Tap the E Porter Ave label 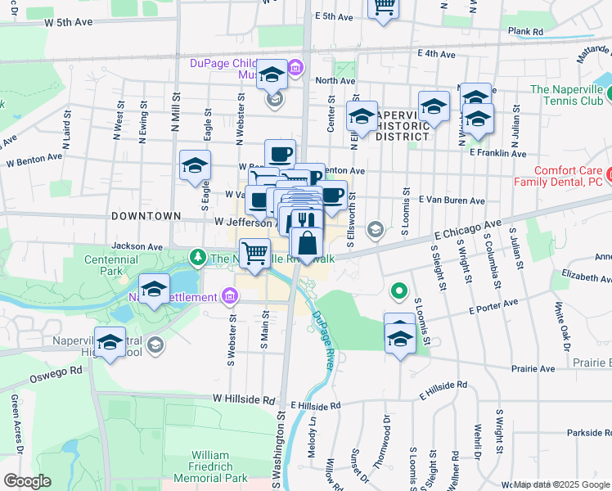coord(495,308)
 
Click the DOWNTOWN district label coord(146,215)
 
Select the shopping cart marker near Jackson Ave coord(254,251)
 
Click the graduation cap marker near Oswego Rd coord(110,343)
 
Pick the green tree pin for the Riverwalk coord(197,258)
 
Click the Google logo coord(27,481)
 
